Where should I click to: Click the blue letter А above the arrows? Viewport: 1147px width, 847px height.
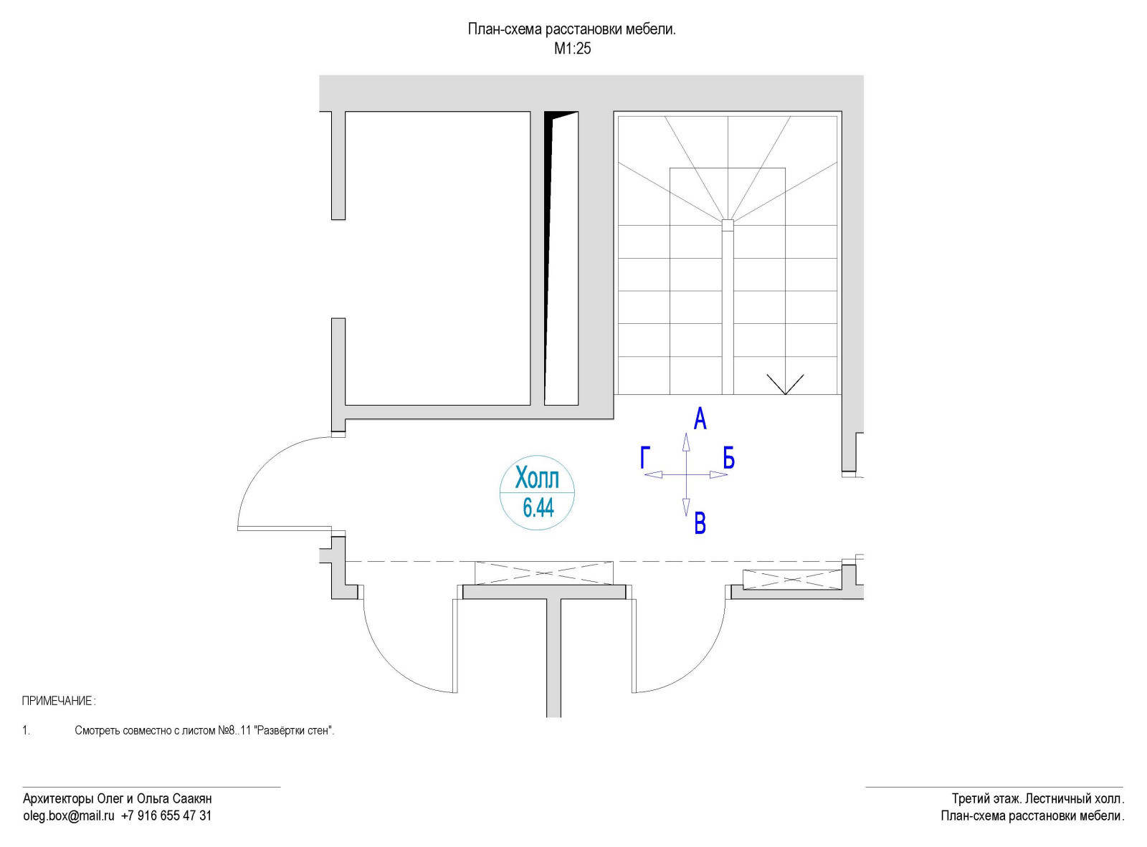[700, 418]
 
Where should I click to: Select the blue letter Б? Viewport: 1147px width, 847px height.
[728, 457]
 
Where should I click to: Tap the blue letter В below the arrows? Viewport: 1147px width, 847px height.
[700, 524]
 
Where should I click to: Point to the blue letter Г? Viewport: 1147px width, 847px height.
[645, 457]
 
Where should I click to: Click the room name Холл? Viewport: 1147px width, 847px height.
[537, 477]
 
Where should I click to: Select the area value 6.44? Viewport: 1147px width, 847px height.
[538, 508]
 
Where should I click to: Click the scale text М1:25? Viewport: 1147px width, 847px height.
[572, 49]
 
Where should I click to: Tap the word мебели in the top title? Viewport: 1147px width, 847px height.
[651, 29]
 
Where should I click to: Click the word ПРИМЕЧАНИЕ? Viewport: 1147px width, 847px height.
[57, 701]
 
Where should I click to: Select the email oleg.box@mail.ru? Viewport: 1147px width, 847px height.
[69, 815]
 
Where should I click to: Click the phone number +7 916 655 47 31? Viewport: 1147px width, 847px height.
[166, 815]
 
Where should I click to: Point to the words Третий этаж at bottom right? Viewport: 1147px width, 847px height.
[986, 798]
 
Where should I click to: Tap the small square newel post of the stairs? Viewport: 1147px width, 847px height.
[728, 225]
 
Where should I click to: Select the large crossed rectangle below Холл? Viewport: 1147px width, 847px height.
[544, 573]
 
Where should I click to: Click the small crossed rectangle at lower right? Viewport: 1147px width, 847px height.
[791, 580]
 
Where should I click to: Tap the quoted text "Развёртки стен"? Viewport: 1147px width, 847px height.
[294, 731]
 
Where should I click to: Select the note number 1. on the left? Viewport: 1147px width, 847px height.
[26, 731]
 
